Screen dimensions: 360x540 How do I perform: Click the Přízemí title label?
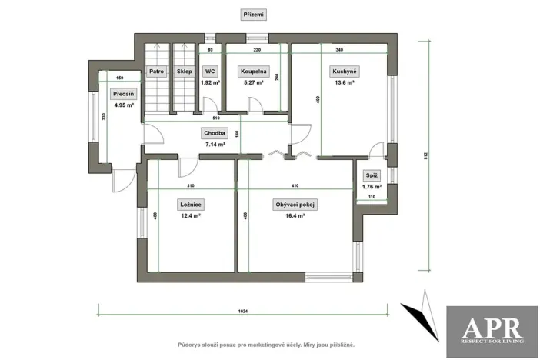click(254, 14)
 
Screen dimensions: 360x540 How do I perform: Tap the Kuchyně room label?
click(343, 72)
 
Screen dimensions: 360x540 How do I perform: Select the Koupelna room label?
click(252, 72)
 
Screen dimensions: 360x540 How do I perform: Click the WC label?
click(210, 72)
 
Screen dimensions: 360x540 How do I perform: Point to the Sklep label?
click(185, 72)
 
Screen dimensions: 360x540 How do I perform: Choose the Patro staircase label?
click(158, 72)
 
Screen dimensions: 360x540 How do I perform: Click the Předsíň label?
click(122, 94)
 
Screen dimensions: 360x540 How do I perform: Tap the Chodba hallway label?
click(215, 132)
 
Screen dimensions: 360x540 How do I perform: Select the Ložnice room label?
click(190, 205)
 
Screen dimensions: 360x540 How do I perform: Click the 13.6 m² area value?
click(343, 82)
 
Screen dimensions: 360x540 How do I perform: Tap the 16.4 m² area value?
click(296, 216)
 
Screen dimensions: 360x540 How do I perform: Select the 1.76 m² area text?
click(372, 186)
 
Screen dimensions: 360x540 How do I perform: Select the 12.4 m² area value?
click(190, 216)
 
